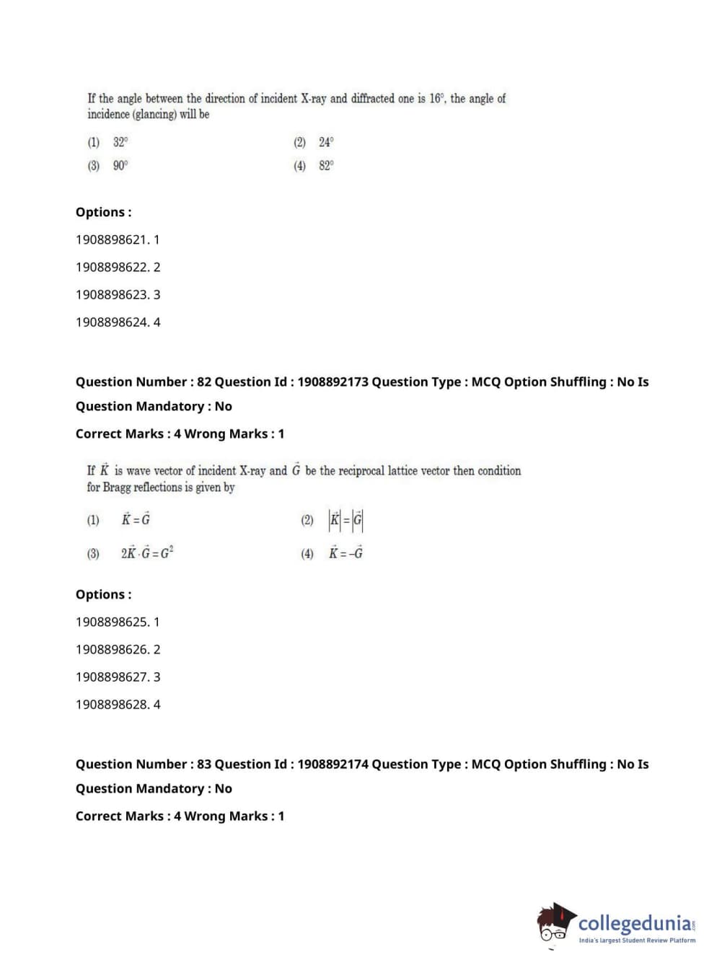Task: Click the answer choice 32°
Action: [120, 142]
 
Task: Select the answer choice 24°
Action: [326, 142]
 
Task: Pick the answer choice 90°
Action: [120, 165]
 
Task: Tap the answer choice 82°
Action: [326, 165]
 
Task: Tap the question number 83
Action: [204, 765]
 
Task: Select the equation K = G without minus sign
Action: [136, 519]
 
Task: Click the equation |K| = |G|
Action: [346, 519]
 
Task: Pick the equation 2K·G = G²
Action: [147, 553]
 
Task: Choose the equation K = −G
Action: [346, 553]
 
